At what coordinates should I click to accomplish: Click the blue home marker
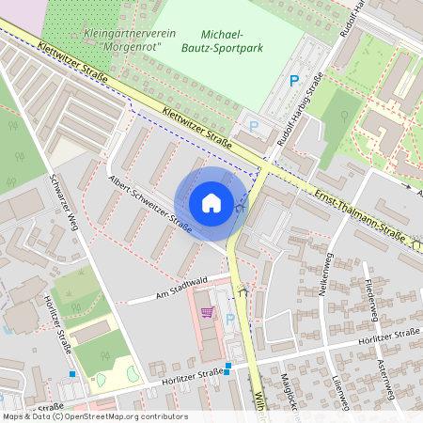click(211, 203)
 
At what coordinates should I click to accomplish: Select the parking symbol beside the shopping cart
click(230, 320)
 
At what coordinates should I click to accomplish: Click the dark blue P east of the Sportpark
click(295, 82)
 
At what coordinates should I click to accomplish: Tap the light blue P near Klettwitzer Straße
click(252, 125)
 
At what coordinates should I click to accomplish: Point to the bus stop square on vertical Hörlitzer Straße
click(71, 373)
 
